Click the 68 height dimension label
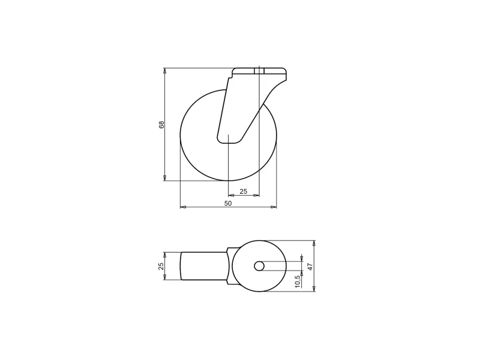[x=161, y=125]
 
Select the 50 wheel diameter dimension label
[x=228, y=203]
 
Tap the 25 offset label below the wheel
[x=243, y=191]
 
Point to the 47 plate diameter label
[x=310, y=266]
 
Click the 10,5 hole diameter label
[x=298, y=281]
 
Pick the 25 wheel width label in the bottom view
[x=161, y=266]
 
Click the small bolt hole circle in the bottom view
[x=259, y=266]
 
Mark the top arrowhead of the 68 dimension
[x=164, y=71]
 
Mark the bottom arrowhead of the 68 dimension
[x=164, y=178]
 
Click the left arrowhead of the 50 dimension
[x=183, y=207]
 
